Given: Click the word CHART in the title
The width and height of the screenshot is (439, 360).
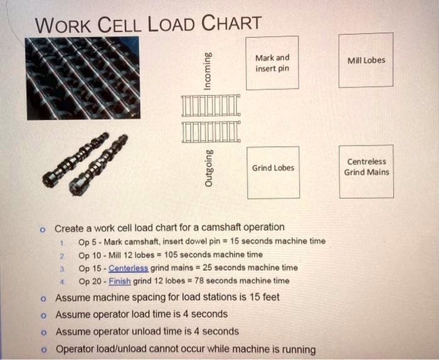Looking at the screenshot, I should [x=231, y=24].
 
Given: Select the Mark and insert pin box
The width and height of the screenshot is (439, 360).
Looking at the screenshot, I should [x=272, y=63].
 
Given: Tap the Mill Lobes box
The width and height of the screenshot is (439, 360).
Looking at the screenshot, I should [x=366, y=60].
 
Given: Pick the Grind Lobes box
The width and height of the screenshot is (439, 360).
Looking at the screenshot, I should [x=272, y=168].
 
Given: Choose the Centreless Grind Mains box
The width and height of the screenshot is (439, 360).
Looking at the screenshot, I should [x=366, y=167].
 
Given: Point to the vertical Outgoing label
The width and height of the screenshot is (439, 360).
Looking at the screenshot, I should [x=208, y=169].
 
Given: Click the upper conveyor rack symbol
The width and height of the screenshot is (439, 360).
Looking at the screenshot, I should [x=211, y=106].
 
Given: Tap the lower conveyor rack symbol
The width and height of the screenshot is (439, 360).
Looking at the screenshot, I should [x=211, y=131].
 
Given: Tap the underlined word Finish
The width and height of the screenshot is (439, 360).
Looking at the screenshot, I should [x=120, y=281].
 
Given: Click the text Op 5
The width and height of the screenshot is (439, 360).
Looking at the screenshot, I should [x=87, y=241].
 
